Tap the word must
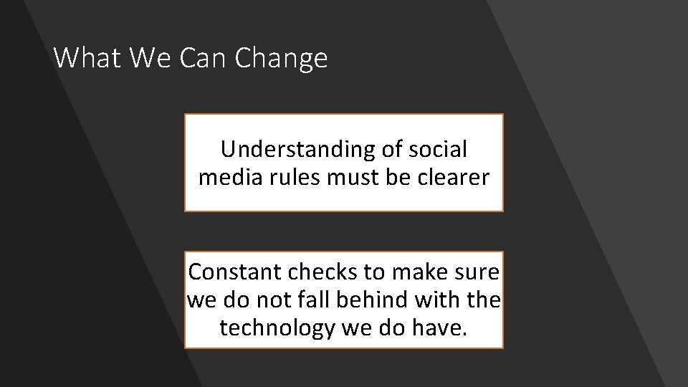point(350,176)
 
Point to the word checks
point(318,273)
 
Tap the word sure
point(477,273)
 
